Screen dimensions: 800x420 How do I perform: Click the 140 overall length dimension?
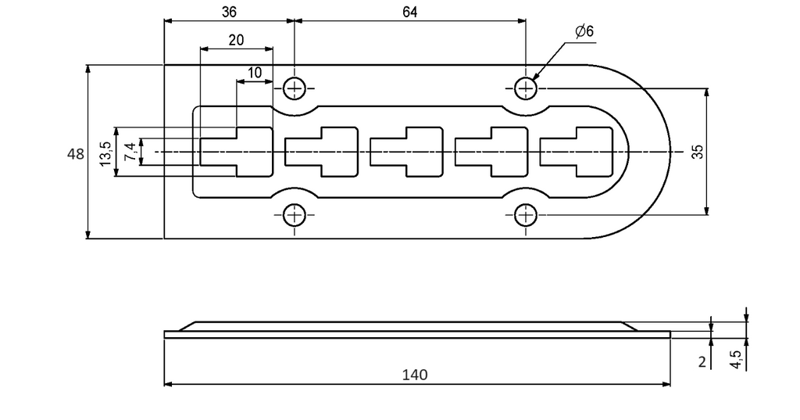415,375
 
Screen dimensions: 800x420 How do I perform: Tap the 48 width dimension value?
76,153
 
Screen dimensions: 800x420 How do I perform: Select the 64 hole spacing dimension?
409,13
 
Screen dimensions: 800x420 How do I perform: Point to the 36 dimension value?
229,13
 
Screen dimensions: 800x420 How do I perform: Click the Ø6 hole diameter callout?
584,32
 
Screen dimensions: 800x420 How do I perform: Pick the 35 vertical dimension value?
698,152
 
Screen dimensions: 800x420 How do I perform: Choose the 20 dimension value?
236,40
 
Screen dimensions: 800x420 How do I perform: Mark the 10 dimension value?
254,73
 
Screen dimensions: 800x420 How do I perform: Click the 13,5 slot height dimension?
106,153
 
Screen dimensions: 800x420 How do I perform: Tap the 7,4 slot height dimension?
131,153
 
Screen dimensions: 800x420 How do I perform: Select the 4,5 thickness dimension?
736,357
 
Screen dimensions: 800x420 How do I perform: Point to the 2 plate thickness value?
702,362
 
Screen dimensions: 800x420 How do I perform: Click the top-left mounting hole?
295,88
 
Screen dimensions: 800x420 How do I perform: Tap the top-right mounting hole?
526,88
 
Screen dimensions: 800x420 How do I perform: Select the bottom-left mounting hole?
295,216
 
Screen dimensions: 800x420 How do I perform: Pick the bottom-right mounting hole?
526,216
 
